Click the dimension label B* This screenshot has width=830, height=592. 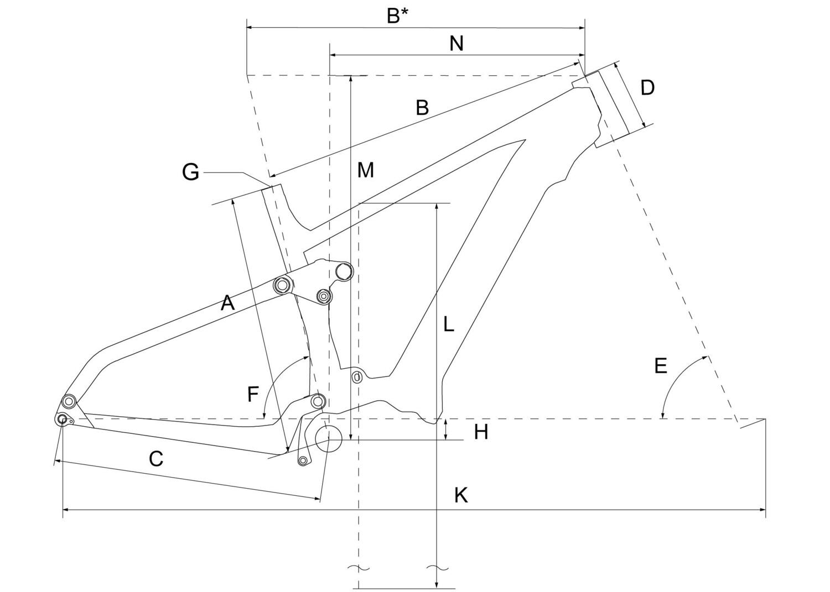[x=398, y=16]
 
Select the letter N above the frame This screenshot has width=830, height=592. [x=456, y=44]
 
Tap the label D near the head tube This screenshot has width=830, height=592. [x=647, y=88]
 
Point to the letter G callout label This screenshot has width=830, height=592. [x=190, y=172]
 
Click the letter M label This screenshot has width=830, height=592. [x=365, y=170]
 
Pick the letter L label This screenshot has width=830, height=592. [x=448, y=324]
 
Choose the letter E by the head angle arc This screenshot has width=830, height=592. [x=661, y=365]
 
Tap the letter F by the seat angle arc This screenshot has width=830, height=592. [x=253, y=394]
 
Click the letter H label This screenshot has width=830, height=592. [x=481, y=432]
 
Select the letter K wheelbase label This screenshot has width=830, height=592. [x=461, y=495]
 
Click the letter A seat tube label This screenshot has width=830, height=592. [x=227, y=303]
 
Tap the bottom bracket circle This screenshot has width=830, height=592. [x=328, y=439]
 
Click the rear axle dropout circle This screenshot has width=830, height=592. [x=62, y=420]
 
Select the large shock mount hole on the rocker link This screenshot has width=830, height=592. [x=343, y=272]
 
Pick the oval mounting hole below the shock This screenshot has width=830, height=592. [x=356, y=377]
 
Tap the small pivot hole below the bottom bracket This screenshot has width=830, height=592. [x=303, y=460]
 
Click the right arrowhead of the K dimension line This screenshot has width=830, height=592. [x=762, y=510]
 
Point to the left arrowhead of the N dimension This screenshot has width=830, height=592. [x=333, y=55]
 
